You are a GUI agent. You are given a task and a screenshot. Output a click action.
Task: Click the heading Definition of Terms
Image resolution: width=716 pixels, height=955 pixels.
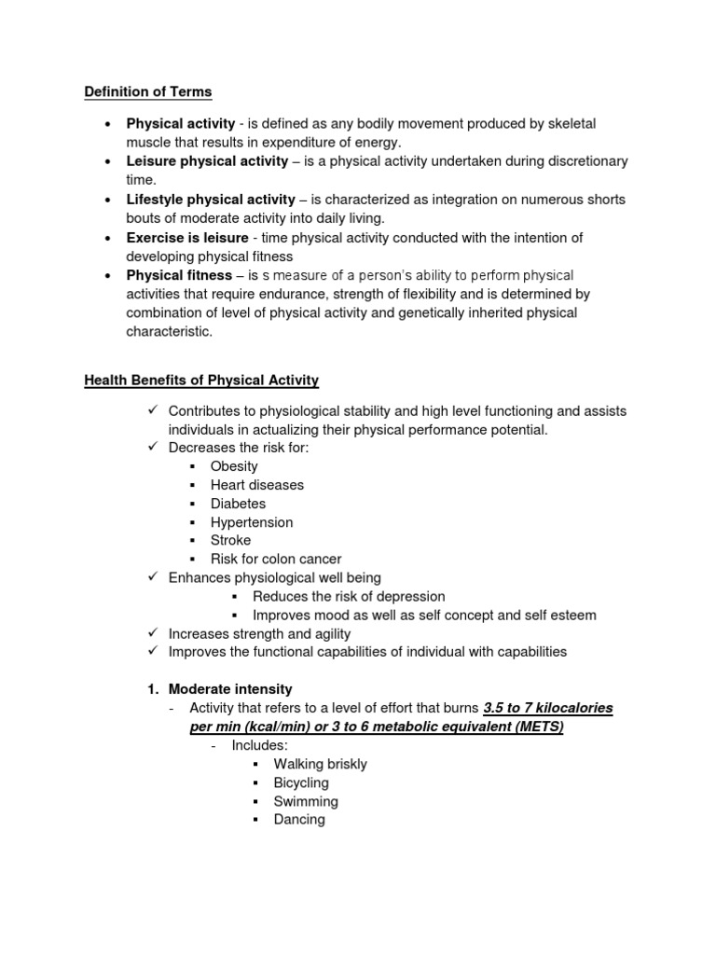[148, 91]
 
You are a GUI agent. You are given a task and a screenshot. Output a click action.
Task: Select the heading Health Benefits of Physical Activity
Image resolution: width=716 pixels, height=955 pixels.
[201, 381]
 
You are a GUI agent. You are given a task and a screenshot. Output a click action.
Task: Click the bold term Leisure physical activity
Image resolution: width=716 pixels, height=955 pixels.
[208, 161]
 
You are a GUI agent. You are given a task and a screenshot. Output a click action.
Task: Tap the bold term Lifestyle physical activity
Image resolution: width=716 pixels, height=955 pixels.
[211, 200]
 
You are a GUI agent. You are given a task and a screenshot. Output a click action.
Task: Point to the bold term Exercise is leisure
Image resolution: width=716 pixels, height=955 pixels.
[187, 238]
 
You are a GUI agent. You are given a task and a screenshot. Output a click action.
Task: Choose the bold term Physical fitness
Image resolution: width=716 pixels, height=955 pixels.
[179, 275]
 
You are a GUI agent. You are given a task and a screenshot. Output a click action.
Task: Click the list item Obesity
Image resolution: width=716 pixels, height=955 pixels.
[234, 466]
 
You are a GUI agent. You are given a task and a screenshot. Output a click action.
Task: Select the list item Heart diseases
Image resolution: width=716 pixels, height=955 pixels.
[257, 485]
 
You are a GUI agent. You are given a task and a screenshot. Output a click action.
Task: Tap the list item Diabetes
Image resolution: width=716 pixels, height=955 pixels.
[238, 504]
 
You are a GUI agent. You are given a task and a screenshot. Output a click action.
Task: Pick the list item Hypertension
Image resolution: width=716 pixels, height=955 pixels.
[252, 522]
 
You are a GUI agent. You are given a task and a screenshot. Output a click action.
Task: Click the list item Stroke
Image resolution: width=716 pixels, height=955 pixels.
[230, 540]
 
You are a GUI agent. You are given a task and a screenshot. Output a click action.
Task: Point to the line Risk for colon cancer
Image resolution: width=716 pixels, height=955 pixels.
[276, 560]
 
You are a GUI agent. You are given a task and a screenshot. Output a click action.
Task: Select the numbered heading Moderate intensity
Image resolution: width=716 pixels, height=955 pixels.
[230, 689]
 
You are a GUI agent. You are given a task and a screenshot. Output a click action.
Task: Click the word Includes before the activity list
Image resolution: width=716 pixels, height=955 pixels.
[260, 745]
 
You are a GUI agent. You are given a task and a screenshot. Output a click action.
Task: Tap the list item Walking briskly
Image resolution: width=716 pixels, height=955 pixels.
[320, 764]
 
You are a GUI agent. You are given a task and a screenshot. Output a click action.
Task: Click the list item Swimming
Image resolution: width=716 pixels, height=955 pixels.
[306, 801]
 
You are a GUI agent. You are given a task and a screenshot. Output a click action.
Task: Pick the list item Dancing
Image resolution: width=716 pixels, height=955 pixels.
[299, 820]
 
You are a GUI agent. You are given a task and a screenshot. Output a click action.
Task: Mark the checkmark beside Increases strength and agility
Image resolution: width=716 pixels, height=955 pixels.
[154, 633]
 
